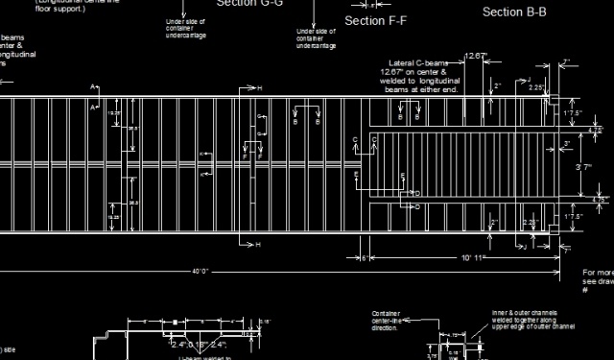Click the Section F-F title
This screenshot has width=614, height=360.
[375, 20]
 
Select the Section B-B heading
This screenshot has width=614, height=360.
[514, 12]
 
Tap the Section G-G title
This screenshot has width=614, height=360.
[249, 3]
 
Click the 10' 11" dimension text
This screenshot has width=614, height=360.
[474, 258]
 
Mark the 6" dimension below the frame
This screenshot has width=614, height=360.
[365, 258]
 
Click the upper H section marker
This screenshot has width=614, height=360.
[259, 88]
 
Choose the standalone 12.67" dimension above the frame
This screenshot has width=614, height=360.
[475, 56]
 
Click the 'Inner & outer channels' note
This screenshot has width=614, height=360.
[531, 320]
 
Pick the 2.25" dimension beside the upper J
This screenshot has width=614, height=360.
[535, 87]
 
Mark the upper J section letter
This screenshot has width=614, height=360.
[529, 80]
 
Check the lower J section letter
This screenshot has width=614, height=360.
[524, 246]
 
